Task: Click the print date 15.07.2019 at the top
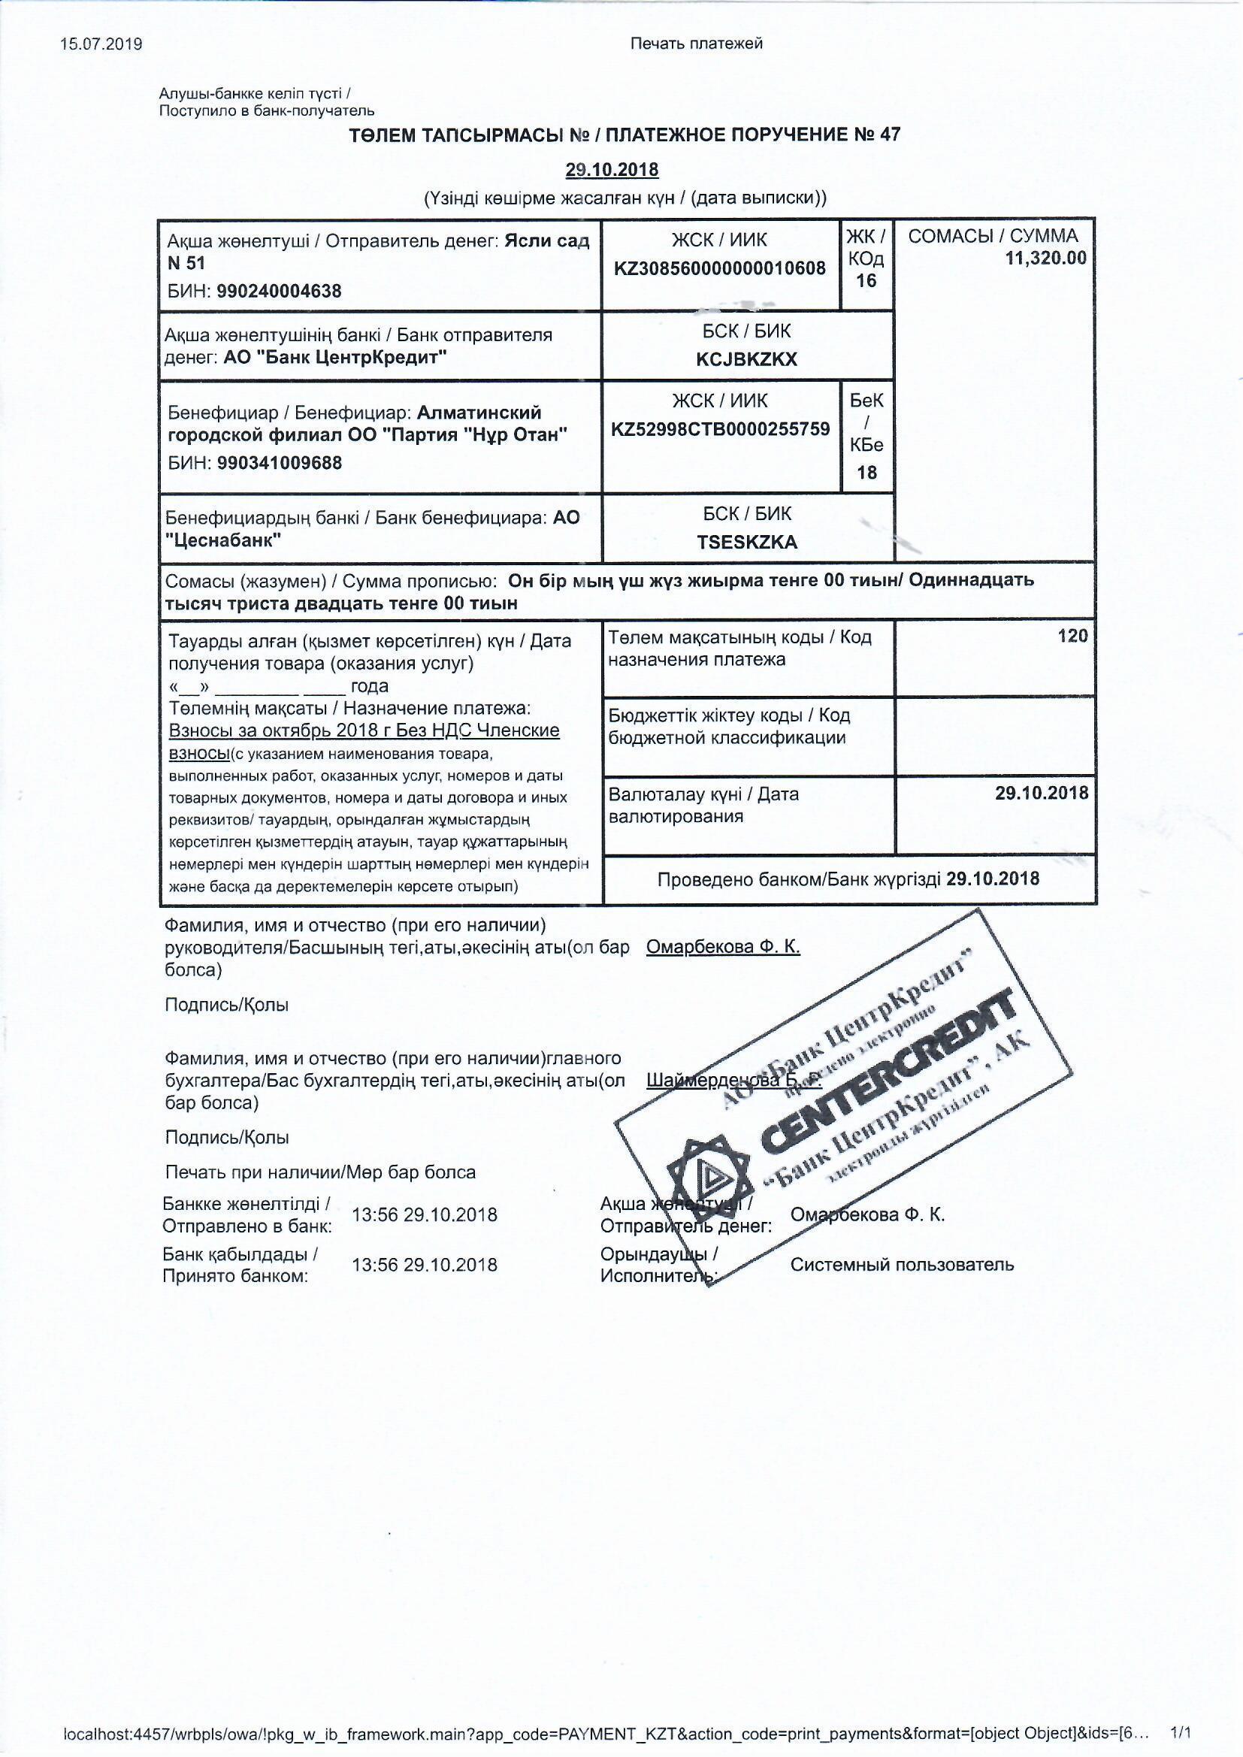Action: [101, 44]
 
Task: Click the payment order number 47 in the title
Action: [890, 135]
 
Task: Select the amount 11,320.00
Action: [1045, 258]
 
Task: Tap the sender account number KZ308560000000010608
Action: [719, 268]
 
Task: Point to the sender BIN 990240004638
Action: [280, 291]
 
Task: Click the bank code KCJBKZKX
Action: [746, 360]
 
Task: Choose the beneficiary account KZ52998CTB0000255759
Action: [720, 428]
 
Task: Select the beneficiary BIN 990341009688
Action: [280, 463]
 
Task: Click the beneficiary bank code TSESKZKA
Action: [746, 543]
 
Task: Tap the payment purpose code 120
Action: [1072, 636]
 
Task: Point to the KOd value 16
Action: [866, 281]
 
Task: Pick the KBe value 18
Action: [866, 472]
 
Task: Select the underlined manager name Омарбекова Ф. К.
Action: [722, 947]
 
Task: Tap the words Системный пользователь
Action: [902, 1264]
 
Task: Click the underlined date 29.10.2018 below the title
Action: [612, 169]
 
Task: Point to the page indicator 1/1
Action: [1182, 1731]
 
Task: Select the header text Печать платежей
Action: [696, 44]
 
